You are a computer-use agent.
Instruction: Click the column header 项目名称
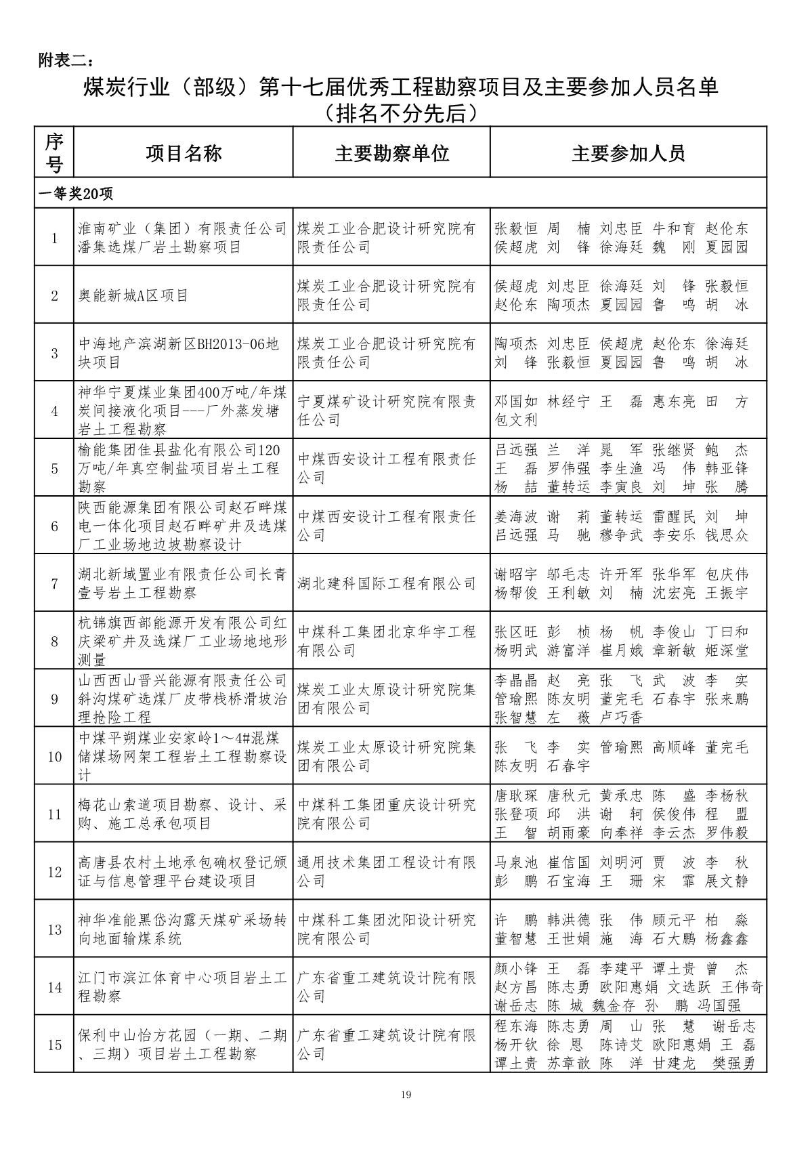pyautogui.click(x=184, y=153)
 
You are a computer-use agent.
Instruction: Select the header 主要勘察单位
pyautogui.click(x=391, y=153)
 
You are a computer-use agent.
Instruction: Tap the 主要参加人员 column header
pyautogui.click(x=628, y=153)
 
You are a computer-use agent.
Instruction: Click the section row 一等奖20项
pyautogui.click(x=76, y=194)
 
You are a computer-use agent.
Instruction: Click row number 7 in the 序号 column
pyautogui.click(x=54, y=584)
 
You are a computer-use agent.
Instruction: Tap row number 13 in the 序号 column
pyautogui.click(x=54, y=929)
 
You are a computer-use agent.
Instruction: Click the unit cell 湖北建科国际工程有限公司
pyautogui.click(x=387, y=584)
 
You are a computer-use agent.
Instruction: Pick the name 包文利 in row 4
pyautogui.click(x=516, y=420)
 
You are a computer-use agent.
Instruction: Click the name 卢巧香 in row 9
pyautogui.click(x=621, y=717)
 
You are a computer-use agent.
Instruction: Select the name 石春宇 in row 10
pyautogui.click(x=568, y=766)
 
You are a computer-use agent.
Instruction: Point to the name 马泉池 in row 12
pyautogui.click(x=516, y=862)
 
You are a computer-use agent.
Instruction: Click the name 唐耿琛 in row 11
pyautogui.click(x=516, y=795)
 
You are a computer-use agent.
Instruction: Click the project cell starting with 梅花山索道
pyautogui.click(x=183, y=814)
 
